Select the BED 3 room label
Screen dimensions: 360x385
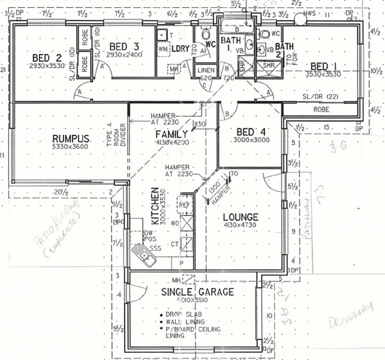(124, 47)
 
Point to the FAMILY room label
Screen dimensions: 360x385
(172, 134)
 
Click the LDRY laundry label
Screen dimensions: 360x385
(181, 47)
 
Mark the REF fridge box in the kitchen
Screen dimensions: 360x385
(185, 205)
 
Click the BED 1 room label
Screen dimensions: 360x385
(327, 65)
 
